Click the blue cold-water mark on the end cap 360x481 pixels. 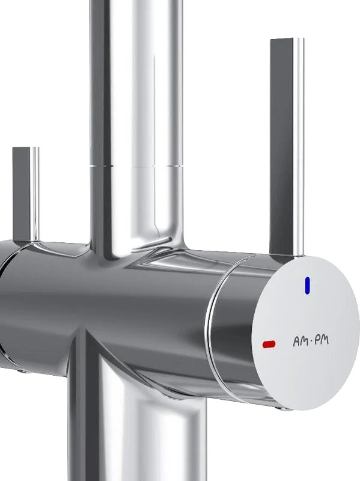click(307, 285)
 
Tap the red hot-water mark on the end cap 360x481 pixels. click(269, 344)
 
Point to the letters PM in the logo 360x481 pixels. click(321, 340)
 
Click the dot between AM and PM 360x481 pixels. click(311, 341)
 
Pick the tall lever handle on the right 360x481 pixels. click(287, 147)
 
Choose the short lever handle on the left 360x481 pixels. click(26, 194)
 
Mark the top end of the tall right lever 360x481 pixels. click(287, 39)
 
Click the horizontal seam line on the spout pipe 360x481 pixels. click(136, 166)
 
